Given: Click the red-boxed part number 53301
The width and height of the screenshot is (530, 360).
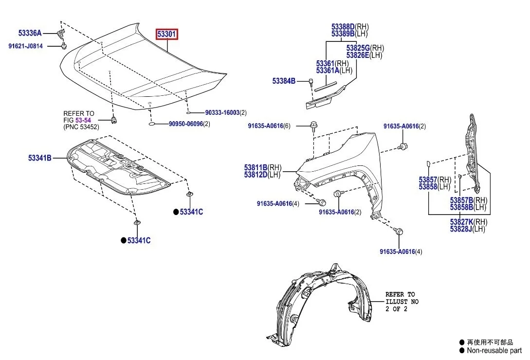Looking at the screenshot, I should point(167,34).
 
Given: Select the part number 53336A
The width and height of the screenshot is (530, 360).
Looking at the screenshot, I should point(30,33).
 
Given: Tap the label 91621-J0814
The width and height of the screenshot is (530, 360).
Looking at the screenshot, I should point(25,46).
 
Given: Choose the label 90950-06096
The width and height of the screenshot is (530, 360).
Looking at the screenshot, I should point(186,124).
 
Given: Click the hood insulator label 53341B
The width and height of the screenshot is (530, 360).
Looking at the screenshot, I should point(39,158).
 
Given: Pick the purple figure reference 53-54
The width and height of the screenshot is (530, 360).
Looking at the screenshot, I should point(83,120).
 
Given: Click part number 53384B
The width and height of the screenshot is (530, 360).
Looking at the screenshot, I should point(284,81).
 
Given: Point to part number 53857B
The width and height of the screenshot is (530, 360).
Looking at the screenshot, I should point(461,200).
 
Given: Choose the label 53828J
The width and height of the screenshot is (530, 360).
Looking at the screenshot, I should point(461,229).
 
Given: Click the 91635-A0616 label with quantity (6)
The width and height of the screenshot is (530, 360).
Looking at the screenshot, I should point(265,126).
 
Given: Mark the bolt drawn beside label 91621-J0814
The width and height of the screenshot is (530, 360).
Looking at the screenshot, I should point(64,46).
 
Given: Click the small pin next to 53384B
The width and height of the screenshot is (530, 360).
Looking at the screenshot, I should point(310,82).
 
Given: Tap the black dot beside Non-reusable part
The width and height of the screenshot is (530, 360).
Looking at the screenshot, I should point(461,350).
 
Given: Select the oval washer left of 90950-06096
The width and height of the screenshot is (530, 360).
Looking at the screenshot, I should point(152,125).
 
